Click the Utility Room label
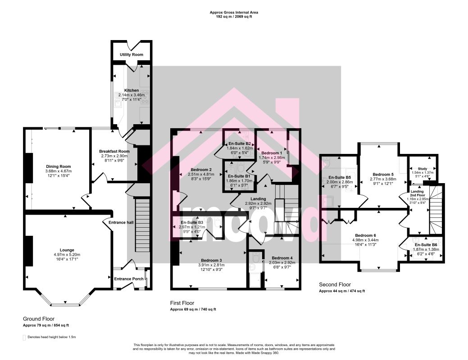point(132,54)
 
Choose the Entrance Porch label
point(129,279)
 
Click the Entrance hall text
point(119,222)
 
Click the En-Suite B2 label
point(239,144)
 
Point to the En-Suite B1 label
point(240,176)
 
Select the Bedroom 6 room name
point(365,235)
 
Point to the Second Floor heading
point(335,284)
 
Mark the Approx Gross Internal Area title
point(234,13)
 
